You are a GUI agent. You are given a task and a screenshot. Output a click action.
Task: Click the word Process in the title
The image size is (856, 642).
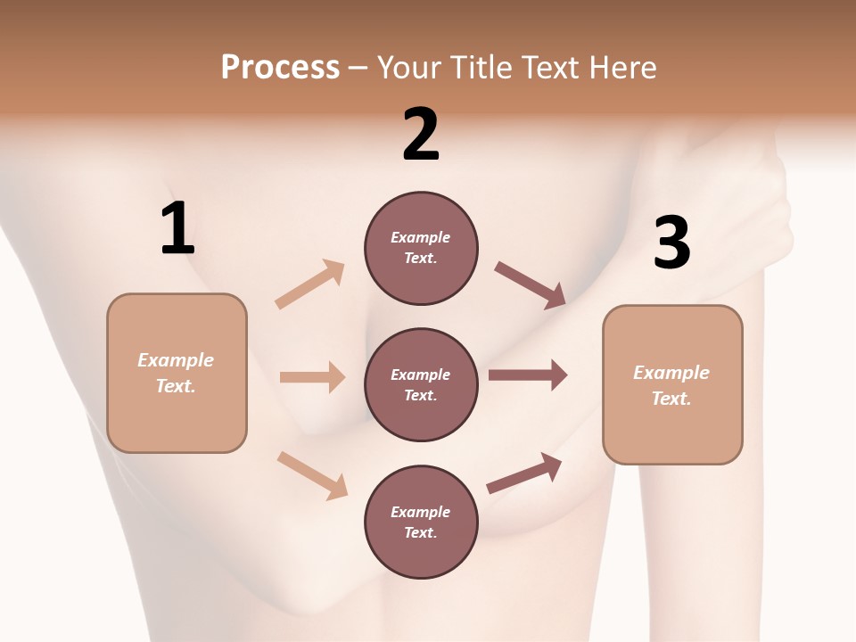point(281,68)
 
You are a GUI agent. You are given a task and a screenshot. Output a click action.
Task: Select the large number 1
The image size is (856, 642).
point(178,227)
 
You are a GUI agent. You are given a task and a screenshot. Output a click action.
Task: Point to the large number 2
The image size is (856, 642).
point(421,134)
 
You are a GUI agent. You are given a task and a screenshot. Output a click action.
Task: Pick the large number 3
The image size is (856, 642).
point(672,243)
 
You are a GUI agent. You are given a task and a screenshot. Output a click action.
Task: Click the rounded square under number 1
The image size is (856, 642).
point(177,374)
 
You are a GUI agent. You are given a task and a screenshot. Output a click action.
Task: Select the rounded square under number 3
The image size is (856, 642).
point(672,385)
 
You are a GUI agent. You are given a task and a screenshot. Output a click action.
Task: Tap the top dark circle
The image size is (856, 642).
point(421,249)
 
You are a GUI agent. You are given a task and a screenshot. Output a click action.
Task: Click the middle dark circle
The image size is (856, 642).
point(421,385)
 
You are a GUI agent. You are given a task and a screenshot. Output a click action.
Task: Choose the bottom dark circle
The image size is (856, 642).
point(421,522)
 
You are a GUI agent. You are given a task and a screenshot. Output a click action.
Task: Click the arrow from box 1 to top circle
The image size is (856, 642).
point(310,284)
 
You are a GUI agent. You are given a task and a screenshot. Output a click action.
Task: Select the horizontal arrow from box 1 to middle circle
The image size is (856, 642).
point(313,376)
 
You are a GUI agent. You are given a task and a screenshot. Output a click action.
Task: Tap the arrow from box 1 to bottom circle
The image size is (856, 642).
point(312,475)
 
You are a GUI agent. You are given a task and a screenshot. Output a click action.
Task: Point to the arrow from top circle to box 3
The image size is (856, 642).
point(530,285)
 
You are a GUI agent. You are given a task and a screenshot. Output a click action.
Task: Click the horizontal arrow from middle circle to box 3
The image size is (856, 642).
point(528,375)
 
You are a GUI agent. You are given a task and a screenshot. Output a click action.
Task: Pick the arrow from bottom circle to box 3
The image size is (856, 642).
point(524,473)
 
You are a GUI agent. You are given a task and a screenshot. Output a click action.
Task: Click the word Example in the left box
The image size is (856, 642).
point(176,360)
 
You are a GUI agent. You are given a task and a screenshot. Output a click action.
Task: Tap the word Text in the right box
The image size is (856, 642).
point(671,399)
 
